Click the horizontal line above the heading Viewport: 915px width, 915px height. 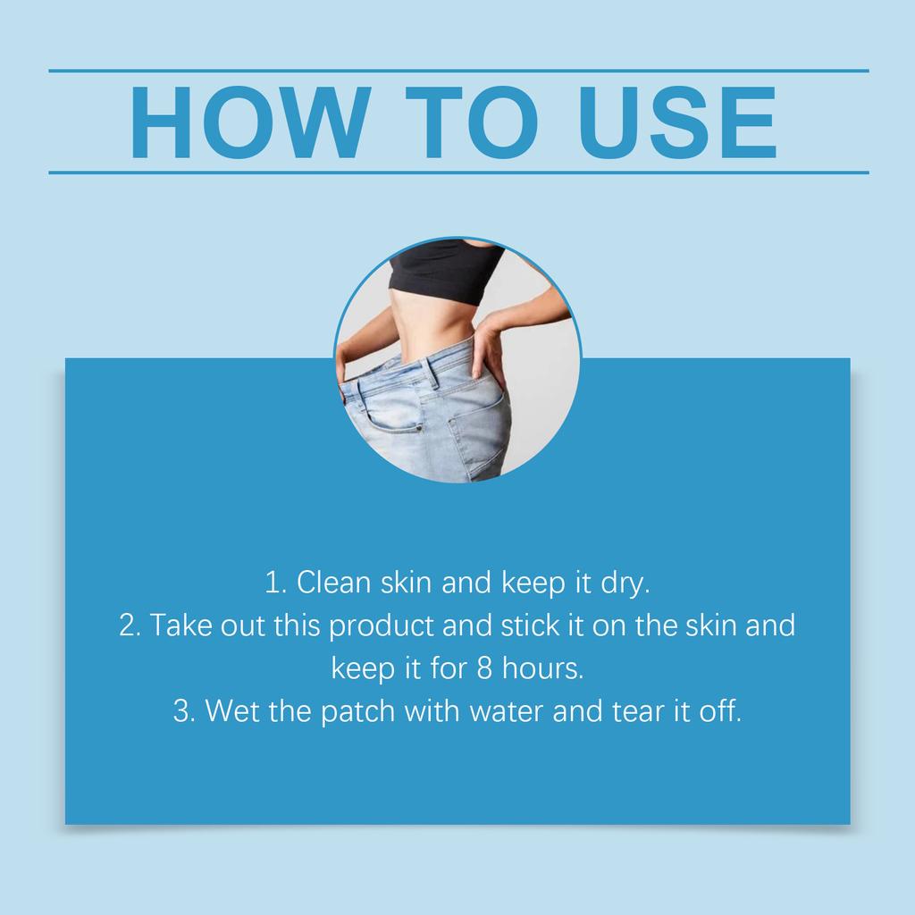[x=457, y=71]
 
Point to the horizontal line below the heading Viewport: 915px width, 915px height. [x=457, y=172]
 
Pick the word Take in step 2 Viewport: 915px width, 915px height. [x=180, y=625]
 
